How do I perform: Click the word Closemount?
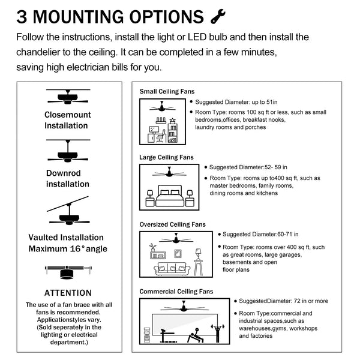66,115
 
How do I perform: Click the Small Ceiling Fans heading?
167,92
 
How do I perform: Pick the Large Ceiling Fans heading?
167,158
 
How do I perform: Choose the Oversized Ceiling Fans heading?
173,224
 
